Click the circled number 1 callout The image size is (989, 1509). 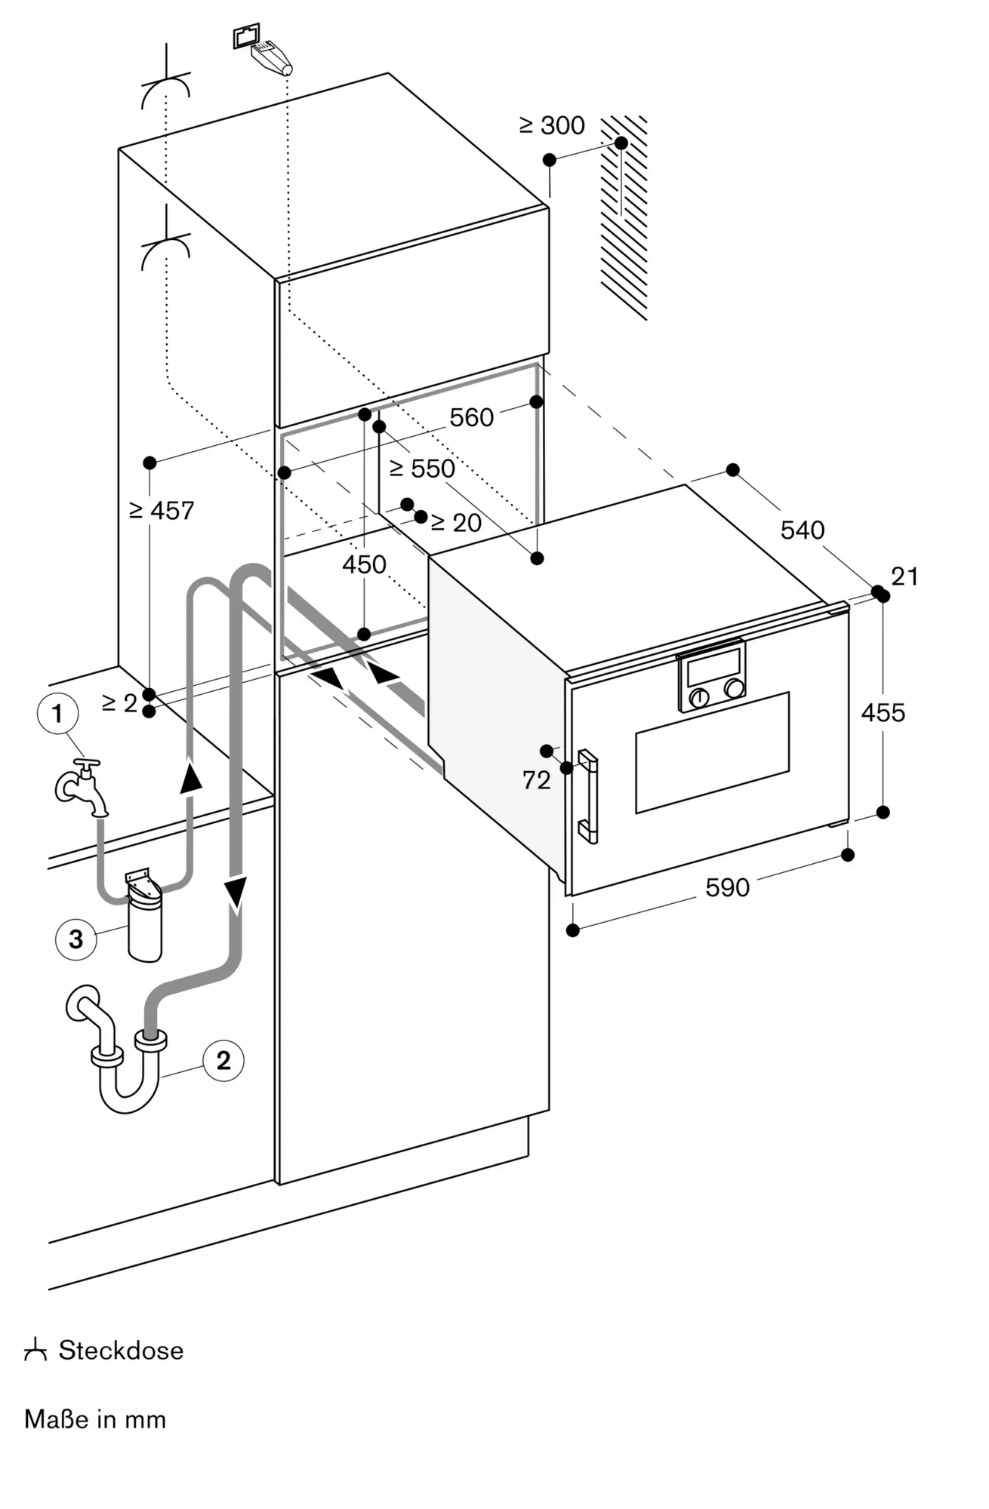(57, 713)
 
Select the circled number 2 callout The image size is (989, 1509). (223, 1060)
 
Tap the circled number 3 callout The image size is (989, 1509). (75, 939)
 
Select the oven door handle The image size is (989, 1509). (588, 796)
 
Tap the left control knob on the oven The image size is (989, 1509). (699, 697)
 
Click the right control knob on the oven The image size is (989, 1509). (733, 688)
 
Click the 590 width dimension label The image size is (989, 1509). (727, 887)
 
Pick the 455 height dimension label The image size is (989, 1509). (883, 712)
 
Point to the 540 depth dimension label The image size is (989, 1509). (802, 530)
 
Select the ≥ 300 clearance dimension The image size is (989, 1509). (552, 125)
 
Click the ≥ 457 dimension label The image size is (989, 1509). (162, 511)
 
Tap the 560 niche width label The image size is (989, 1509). (471, 417)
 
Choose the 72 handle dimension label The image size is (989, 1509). (536, 780)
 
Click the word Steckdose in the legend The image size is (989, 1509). (121, 1350)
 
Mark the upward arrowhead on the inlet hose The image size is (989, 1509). (192, 777)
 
